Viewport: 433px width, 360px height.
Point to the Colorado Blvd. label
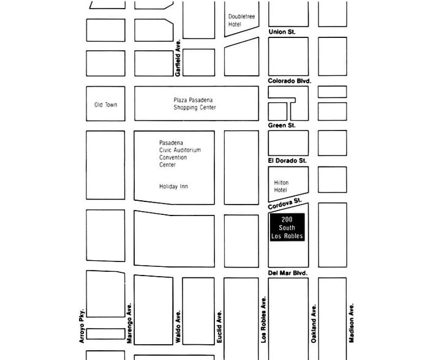[x=290, y=81]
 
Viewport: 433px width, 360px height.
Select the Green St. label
[x=282, y=126]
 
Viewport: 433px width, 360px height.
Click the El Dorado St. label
[x=287, y=160]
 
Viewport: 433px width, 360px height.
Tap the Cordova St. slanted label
[x=285, y=204]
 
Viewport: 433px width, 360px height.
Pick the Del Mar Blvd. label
[x=288, y=273]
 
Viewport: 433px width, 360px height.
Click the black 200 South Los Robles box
[x=288, y=228]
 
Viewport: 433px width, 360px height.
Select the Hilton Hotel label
[x=281, y=186]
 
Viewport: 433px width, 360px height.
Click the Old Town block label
[x=105, y=105]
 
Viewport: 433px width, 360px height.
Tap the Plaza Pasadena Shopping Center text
[x=194, y=103]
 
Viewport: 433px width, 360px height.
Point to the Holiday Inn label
[x=173, y=186]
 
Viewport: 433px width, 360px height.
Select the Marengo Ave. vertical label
[x=129, y=323]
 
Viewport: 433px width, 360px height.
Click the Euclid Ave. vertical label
[x=219, y=326]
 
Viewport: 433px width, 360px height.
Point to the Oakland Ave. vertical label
[x=314, y=323]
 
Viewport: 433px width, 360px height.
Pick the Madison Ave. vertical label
[x=352, y=323]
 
